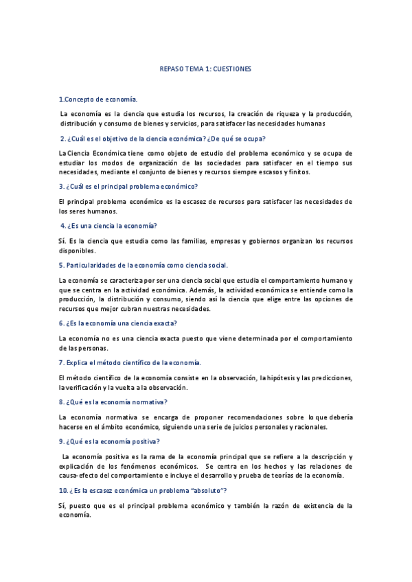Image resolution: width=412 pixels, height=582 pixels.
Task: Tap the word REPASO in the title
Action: click(x=172, y=69)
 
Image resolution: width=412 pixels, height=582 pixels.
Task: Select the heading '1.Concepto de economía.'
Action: click(x=98, y=99)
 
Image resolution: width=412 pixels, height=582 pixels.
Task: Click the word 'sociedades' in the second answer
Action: click(x=254, y=163)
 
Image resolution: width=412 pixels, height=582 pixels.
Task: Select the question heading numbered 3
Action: click(x=129, y=187)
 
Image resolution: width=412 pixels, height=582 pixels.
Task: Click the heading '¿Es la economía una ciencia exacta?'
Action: click(x=118, y=323)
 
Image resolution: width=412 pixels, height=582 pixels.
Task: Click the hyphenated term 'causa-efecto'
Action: click(x=80, y=476)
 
